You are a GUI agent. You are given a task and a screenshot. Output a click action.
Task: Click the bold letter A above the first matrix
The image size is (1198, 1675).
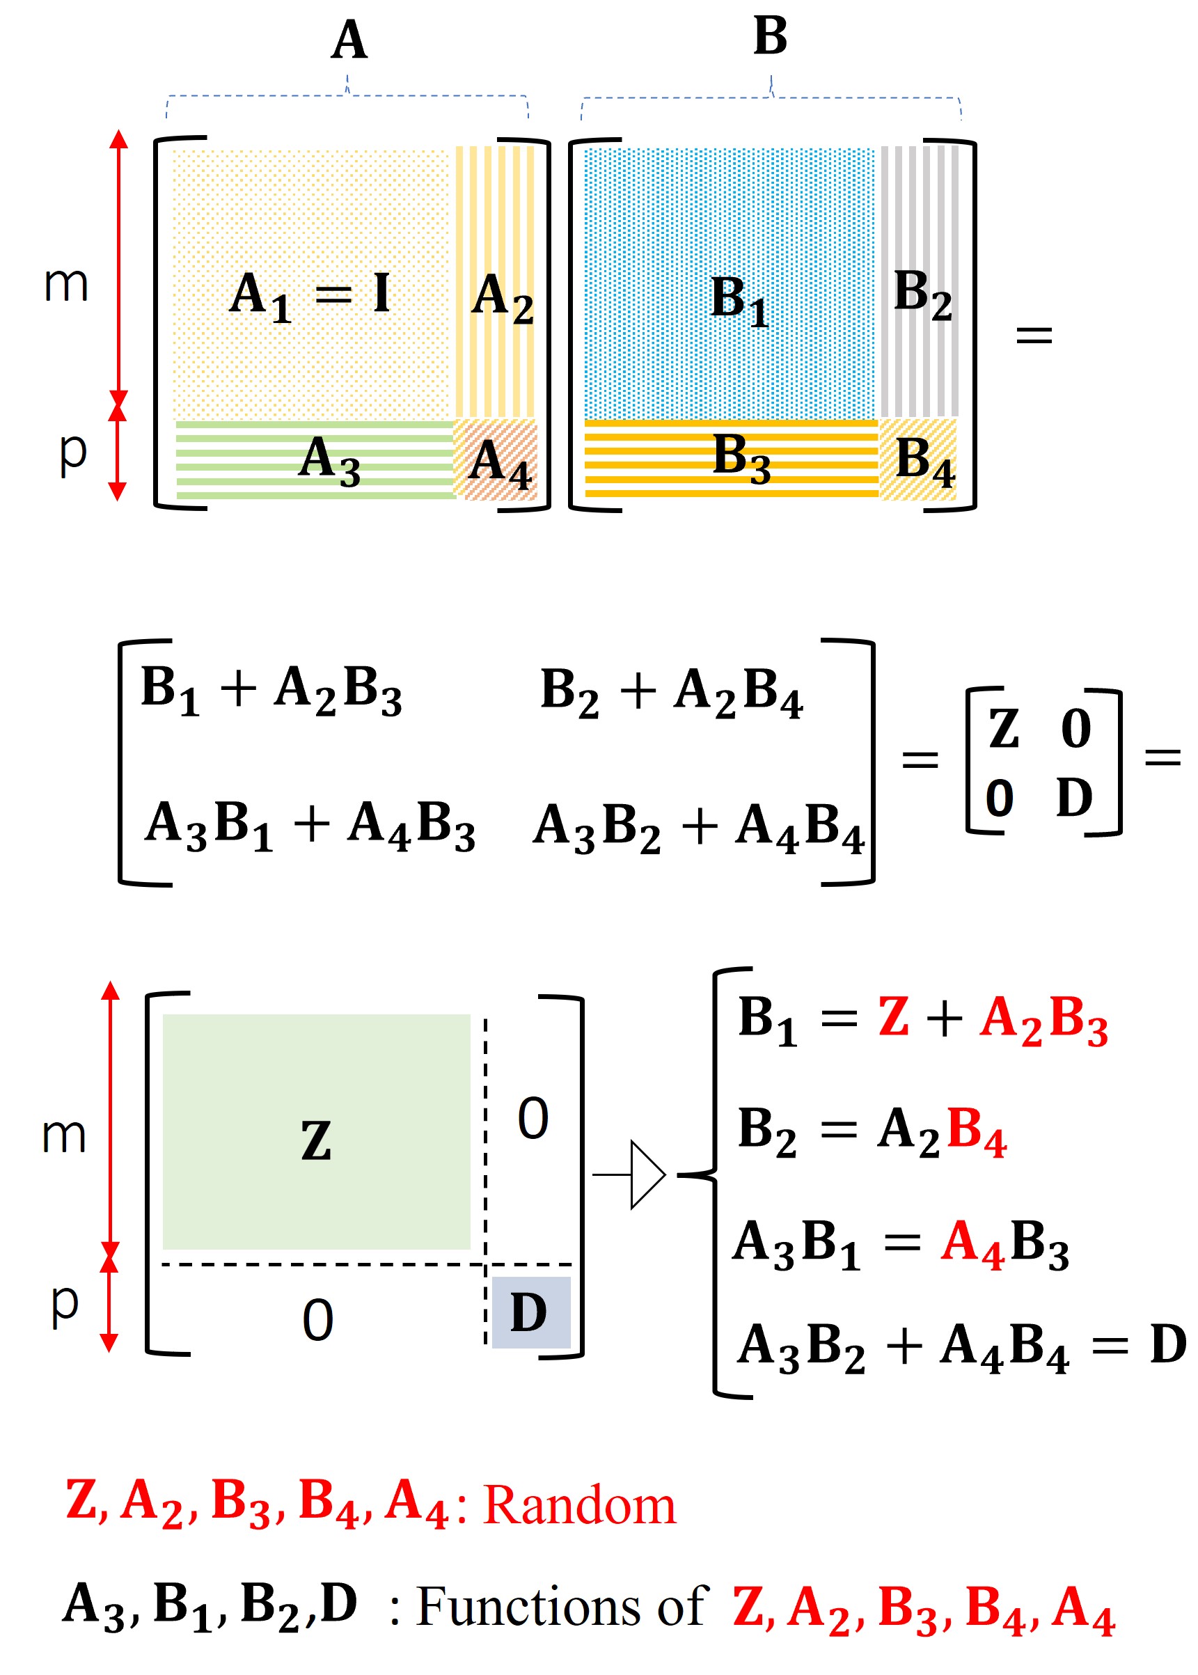(x=349, y=40)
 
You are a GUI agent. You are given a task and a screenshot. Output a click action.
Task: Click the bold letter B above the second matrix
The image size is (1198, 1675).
(x=770, y=36)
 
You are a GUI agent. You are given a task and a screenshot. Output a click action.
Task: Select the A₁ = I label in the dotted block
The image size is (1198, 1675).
(x=310, y=296)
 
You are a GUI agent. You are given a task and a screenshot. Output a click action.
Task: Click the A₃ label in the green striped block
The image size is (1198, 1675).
(x=329, y=460)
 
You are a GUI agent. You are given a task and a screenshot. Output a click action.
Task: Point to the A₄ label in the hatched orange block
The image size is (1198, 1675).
(x=499, y=464)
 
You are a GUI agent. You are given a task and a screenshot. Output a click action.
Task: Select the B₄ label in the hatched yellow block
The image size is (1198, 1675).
(x=924, y=462)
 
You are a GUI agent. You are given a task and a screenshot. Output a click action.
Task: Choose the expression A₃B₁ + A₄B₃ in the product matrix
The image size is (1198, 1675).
(x=310, y=826)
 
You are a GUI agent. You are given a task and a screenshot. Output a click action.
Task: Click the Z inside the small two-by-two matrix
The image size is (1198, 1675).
(x=1003, y=729)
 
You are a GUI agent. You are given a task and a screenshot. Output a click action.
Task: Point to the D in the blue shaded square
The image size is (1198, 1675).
(x=529, y=1313)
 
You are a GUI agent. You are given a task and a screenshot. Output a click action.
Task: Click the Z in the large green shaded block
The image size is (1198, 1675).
(x=316, y=1140)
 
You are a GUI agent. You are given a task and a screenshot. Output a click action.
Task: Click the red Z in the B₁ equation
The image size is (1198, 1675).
(x=892, y=1017)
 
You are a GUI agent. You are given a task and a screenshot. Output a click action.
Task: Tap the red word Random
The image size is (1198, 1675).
(x=579, y=1506)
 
